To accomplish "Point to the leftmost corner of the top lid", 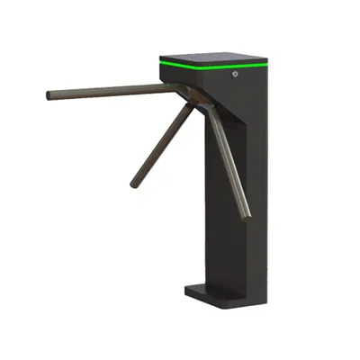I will (x=160, y=57).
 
